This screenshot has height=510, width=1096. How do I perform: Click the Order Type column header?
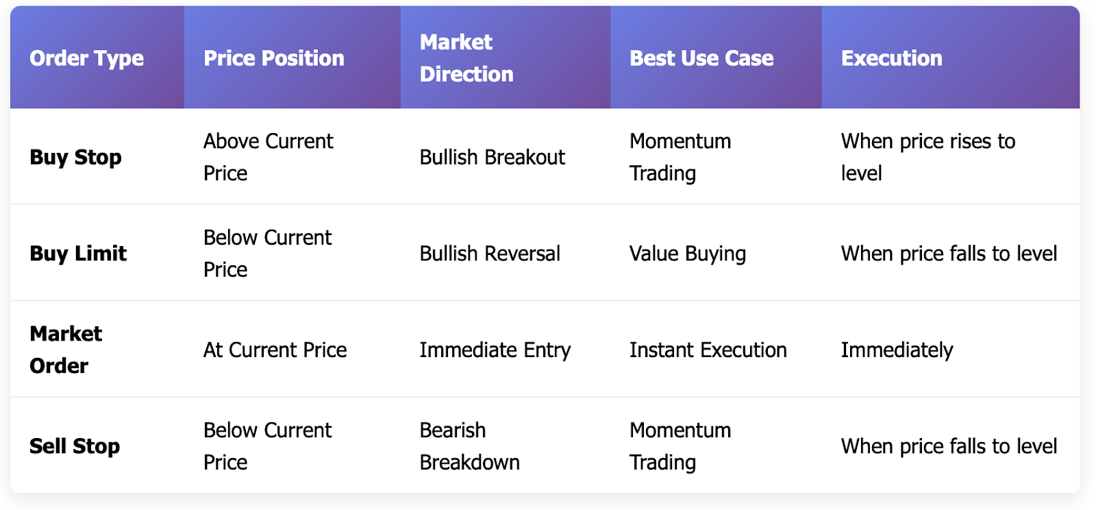click(86, 58)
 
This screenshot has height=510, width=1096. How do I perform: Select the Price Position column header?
click(274, 58)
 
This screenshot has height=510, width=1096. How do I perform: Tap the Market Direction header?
click(466, 58)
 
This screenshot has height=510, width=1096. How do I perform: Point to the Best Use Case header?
click(701, 58)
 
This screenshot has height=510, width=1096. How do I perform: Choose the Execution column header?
click(891, 58)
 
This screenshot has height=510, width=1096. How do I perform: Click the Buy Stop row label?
click(75, 157)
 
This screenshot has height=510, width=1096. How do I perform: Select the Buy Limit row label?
click(78, 254)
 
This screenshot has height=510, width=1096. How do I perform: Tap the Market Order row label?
click(66, 350)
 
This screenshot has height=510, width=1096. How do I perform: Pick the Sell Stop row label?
click(75, 446)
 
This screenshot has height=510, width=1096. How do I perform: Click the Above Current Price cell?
click(268, 157)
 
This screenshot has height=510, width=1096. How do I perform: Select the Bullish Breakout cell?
click(493, 157)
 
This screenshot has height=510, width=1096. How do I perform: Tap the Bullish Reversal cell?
click(490, 254)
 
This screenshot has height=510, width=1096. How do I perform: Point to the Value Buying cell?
click(688, 254)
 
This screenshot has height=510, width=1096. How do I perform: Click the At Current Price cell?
click(275, 350)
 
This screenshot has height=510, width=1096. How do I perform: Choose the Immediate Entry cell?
click(495, 350)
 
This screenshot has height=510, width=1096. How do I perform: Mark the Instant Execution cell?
click(708, 350)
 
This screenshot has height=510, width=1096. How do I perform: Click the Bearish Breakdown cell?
click(470, 446)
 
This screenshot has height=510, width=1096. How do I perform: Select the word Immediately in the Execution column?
click(897, 350)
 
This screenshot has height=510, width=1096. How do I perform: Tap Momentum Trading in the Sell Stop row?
click(680, 446)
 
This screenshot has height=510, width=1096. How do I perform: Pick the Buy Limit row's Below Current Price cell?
click(268, 254)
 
